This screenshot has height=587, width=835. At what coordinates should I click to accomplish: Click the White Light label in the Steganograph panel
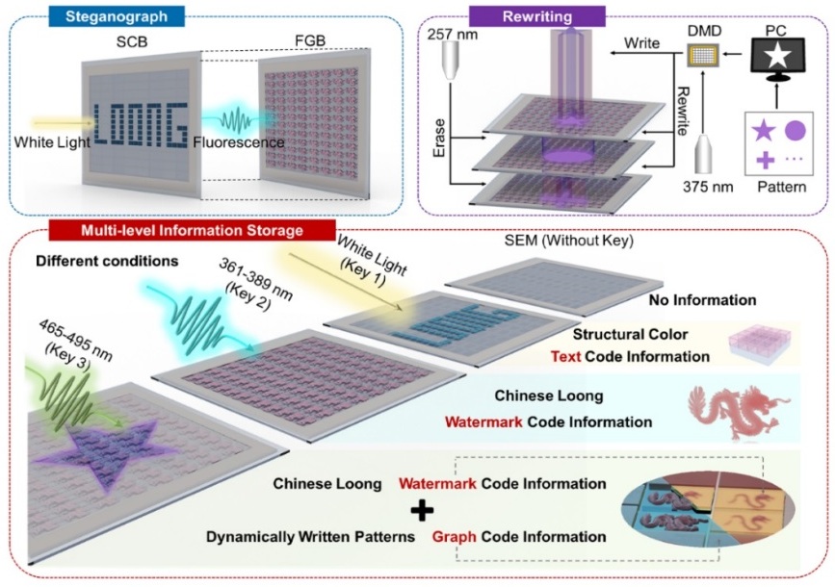51,142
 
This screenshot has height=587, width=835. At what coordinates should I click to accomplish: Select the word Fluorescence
237,142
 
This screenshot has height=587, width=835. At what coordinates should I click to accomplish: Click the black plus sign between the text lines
424,510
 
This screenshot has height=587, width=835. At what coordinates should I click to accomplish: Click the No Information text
702,300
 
